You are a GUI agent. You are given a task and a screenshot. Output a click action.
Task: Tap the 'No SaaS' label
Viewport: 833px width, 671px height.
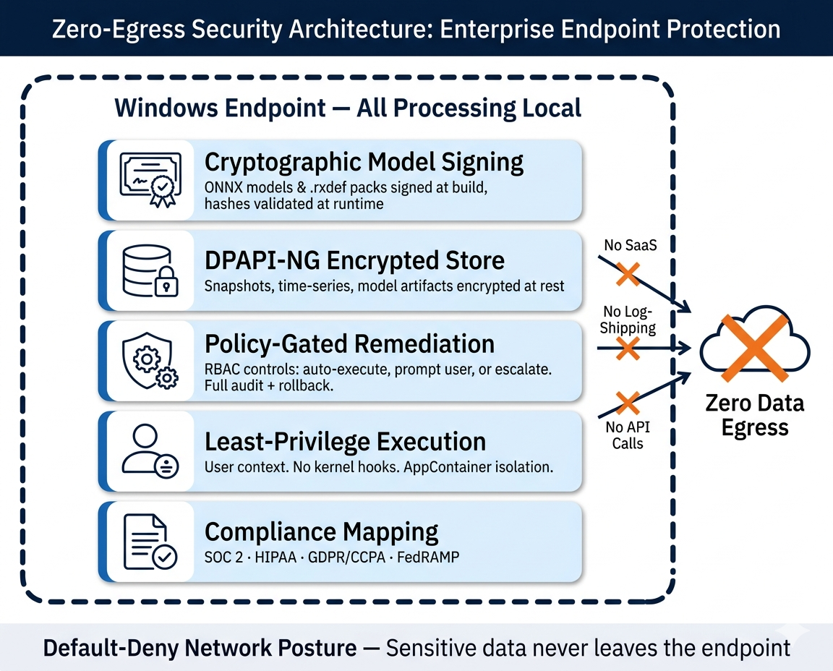[631, 246]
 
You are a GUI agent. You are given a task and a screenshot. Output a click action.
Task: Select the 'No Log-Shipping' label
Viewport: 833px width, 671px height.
[629, 320]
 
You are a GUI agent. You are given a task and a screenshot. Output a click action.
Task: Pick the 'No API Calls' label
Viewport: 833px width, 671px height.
[627, 435]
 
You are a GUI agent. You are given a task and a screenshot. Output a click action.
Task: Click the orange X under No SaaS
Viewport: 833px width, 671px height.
[627, 274]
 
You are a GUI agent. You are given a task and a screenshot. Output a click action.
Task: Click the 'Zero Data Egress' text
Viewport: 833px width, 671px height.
[754, 415]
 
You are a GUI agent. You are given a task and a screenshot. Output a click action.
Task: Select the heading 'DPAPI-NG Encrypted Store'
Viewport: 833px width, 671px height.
[354, 260]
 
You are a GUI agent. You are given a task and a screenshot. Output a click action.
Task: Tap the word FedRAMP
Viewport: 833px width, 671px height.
[428, 558]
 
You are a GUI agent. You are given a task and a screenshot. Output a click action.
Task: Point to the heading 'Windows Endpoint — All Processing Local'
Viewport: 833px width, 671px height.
[348, 108]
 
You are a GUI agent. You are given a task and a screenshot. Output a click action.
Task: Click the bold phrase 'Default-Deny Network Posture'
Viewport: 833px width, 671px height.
[200, 647]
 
